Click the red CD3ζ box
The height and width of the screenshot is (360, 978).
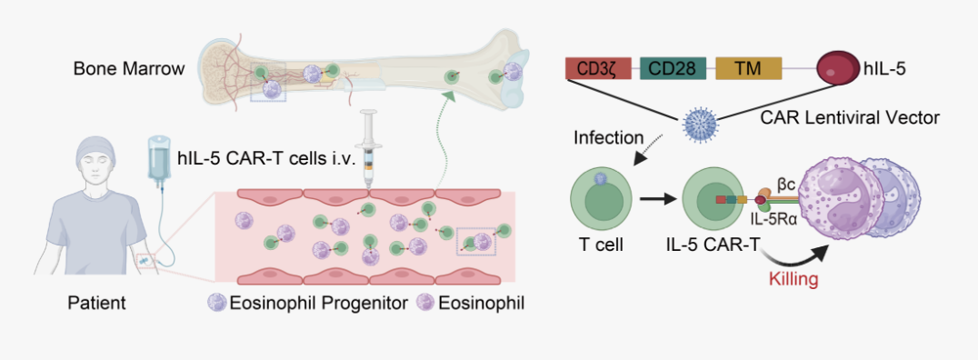click(x=598, y=68)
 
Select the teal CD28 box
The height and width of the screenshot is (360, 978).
click(x=673, y=68)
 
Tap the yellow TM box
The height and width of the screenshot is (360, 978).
click(x=748, y=68)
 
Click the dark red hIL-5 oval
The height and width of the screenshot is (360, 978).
click(x=837, y=68)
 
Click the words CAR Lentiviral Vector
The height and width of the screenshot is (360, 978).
click(x=850, y=116)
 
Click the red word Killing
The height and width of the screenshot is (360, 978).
click(x=793, y=278)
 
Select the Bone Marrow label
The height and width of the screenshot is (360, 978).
click(x=129, y=68)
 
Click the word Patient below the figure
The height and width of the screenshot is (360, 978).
click(x=96, y=304)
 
